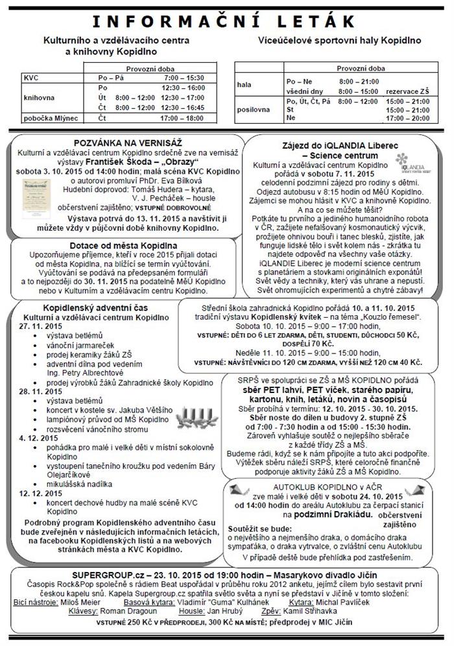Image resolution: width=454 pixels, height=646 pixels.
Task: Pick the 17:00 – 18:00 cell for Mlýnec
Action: click(178, 119)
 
